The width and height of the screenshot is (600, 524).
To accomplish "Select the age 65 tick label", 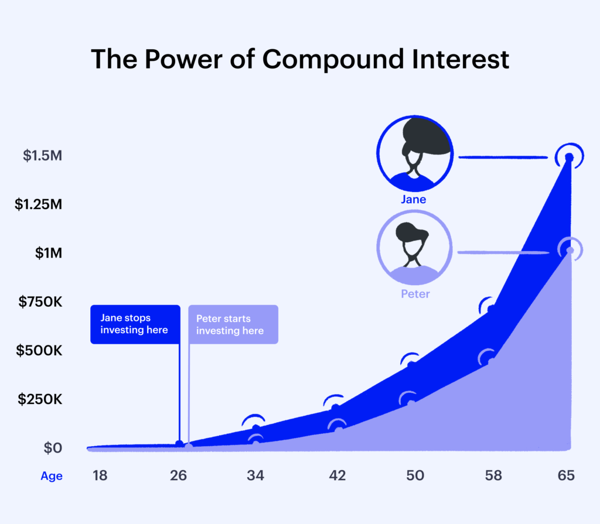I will [566, 475].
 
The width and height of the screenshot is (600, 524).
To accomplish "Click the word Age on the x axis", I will [52, 476].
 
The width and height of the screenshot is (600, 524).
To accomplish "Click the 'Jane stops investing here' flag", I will [135, 324].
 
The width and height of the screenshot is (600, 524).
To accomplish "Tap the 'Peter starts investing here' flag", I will [233, 324].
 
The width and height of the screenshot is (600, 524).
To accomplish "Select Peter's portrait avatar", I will [415, 248].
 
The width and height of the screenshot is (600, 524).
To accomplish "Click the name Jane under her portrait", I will [414, 200].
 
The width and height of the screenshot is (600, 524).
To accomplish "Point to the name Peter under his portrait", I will [415, 294].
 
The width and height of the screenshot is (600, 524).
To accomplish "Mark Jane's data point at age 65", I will [569, 157].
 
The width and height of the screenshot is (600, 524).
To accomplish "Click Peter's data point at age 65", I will [569, 251].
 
